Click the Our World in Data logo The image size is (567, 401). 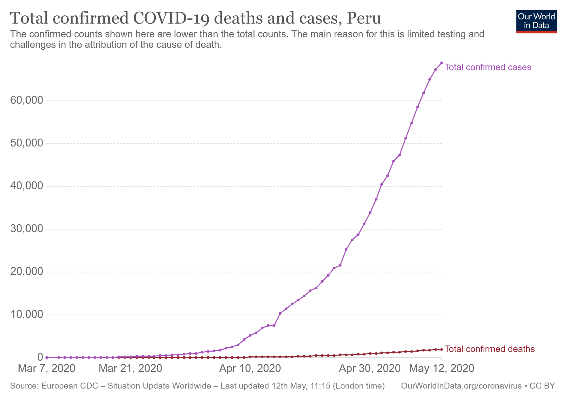point(536,22)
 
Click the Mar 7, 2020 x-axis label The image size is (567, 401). point(46,368)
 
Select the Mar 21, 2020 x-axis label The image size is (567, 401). point(130,368)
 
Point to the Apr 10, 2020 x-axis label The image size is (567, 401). point(250,368)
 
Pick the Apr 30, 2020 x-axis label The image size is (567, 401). point(370,368)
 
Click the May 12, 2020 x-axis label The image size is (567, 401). point(442,368)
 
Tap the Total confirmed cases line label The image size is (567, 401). point(487,67)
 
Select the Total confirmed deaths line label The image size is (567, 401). point(489,349)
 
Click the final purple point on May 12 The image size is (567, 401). point(441,63)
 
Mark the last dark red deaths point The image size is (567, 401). point(441,350)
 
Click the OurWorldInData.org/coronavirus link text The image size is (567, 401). point(461,386)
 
